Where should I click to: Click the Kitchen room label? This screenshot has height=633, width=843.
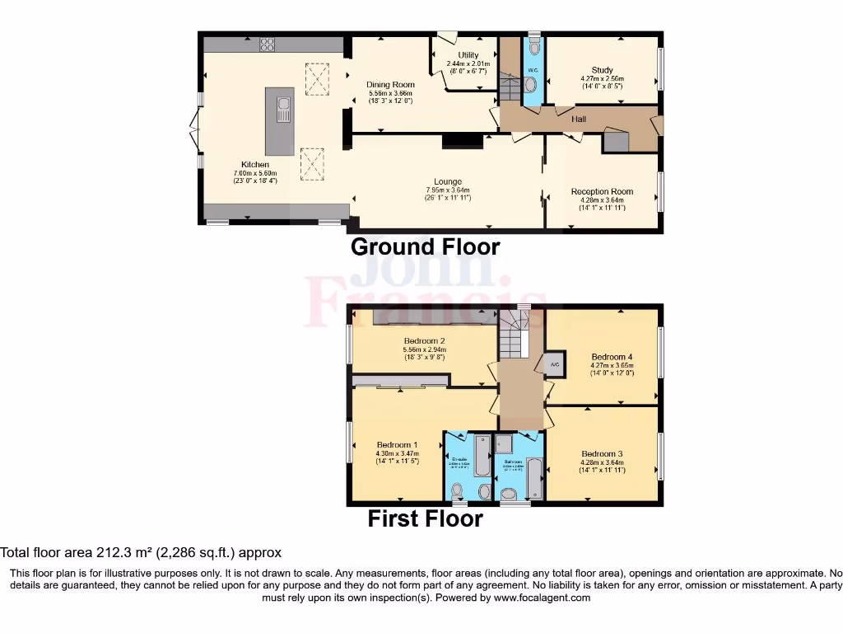coord(255,164)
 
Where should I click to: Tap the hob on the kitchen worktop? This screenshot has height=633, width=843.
coord(267,45)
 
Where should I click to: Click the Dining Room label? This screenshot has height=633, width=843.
coord(390,84)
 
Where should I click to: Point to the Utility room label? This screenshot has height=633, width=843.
coord(468,55)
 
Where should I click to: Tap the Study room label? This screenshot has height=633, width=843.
coord(602,70)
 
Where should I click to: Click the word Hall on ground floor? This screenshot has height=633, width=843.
coord(579,120)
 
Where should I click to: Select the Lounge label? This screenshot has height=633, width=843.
coord(448,181)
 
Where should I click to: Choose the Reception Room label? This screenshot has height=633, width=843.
coord(602,191)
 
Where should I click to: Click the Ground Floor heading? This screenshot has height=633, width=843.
coord(425,246)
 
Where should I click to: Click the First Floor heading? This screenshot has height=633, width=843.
coord(425,519)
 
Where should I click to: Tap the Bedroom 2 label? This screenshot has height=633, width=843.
coord(424,340)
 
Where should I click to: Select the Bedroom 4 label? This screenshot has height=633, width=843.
coord(612,356)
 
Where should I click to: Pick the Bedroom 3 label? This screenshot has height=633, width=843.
coord(602,453)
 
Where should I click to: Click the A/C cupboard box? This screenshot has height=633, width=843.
coord(554,364)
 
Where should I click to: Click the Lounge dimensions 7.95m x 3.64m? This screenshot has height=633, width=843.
coord(448,190)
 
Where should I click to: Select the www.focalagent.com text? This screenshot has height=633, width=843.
coord(541,598)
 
